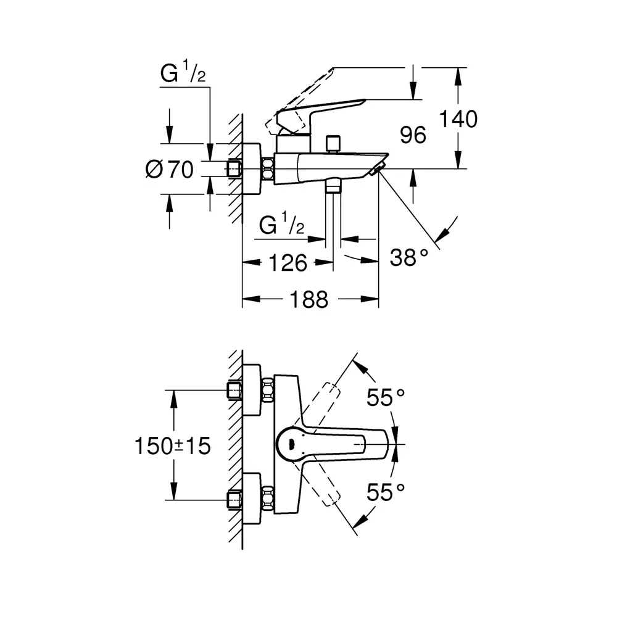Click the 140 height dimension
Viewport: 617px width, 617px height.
tap(458, 118)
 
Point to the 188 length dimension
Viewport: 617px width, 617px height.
tap(310, 300)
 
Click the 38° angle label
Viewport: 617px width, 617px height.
tap(408, 257)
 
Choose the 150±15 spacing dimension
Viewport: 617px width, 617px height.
tap(173, 445)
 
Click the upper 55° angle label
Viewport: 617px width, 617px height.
tap(386, 398)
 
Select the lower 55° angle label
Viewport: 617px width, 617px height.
tap(386, 492)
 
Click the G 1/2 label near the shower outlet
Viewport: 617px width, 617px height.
tap(282, 226)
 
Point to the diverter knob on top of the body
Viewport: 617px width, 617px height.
tap(335, 143)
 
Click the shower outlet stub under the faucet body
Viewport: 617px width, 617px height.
tap(334, 185)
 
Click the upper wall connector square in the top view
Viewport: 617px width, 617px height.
tap(235, 391)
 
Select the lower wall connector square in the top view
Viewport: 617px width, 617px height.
tap(235, 499)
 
